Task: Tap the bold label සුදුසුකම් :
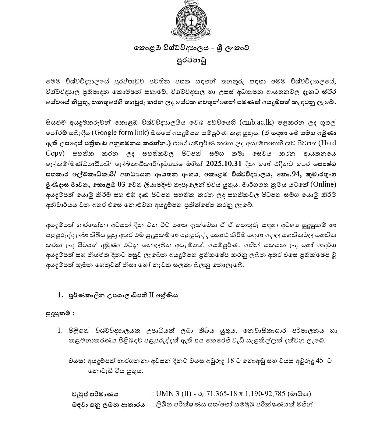pyautogui.click(x=60, y=313)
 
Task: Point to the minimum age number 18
pyautogui.click(x=230, y=361)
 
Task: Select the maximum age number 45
pyautogui.click(x=320, y=361)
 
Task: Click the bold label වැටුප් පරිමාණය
pyautogui.click(x=95, y=394)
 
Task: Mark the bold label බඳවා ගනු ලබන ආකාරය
pyautogui.click(x=108, y=405)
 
